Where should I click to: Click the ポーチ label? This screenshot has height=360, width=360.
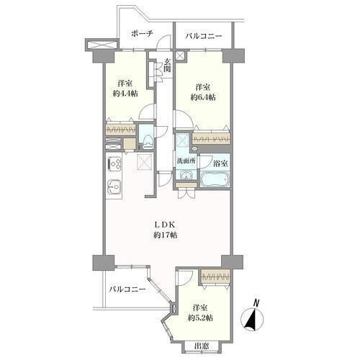[142, 33]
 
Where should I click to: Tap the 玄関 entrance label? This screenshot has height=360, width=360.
[167, 66]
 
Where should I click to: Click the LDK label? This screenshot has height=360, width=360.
[166, 225]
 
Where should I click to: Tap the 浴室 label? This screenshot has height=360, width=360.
[220, 163]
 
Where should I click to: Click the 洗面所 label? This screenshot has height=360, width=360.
[186, 161]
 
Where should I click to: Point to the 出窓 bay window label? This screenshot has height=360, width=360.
[202, 346]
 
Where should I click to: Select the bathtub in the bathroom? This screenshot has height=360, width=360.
[215, 179]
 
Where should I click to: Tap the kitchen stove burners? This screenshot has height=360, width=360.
[114, 163]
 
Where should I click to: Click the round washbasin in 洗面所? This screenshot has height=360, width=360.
[186, 176]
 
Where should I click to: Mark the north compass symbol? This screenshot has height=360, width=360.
[252, 319]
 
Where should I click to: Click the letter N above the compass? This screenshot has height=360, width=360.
[256, 303]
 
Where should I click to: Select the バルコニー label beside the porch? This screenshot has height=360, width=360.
[204, 37]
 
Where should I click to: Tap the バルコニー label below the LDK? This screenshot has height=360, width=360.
[127, 289]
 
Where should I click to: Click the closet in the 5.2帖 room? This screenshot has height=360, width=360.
[215, 276]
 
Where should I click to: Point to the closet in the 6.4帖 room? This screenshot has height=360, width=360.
[212, 138]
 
